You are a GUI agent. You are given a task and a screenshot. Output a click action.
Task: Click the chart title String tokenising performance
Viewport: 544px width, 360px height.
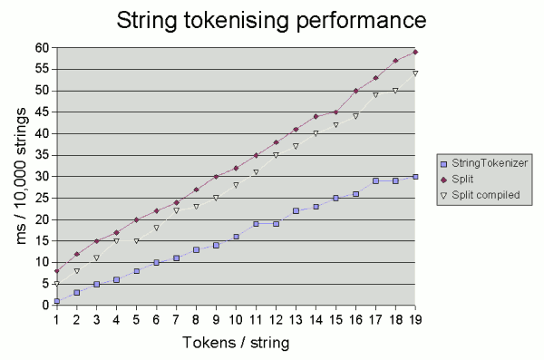point(271,21)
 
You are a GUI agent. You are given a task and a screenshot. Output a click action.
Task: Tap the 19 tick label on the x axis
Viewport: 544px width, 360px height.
point(415,318)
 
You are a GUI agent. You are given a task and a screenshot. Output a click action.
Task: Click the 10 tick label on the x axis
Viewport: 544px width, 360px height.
point(236,318)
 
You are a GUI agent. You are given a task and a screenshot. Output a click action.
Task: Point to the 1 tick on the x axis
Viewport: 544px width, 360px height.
point(56,318)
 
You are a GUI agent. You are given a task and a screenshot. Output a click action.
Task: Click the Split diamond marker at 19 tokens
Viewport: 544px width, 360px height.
point(415,52)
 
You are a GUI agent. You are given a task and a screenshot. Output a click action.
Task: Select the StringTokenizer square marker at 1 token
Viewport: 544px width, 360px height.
point(56,301)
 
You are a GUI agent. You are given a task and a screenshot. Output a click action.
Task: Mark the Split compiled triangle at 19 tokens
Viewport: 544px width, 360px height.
point(415,73)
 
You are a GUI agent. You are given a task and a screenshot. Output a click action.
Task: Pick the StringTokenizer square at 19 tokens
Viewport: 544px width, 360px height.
point(415,176)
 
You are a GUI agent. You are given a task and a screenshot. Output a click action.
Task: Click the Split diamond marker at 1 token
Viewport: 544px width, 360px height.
point(56,271)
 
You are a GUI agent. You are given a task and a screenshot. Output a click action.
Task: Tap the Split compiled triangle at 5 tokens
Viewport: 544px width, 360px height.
point(136,240)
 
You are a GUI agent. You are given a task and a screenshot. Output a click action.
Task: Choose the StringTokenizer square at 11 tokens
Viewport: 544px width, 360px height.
point(256,223)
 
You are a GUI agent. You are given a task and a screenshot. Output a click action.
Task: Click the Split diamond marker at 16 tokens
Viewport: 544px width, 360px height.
point(355,91)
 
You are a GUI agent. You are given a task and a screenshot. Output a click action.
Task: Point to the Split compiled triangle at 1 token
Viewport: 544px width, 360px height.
point(56,284)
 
